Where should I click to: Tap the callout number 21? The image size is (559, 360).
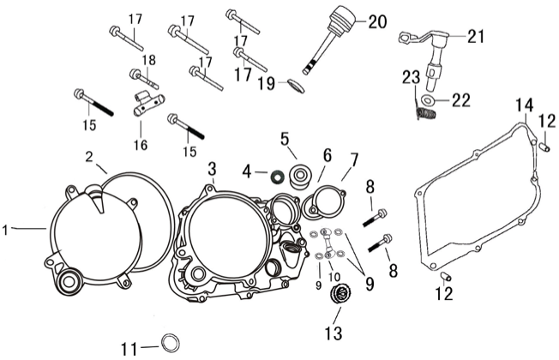point(476,36)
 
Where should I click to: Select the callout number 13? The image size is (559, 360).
point(332,332)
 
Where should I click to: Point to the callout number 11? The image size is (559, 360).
point(129,348)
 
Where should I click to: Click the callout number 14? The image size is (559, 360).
point(523,106)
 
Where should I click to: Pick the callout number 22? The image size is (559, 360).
point(460,100)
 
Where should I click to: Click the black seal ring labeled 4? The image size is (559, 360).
point(276,177)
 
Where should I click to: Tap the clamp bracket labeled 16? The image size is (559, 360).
point(146,108)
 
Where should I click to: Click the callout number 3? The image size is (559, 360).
point(211,166)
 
